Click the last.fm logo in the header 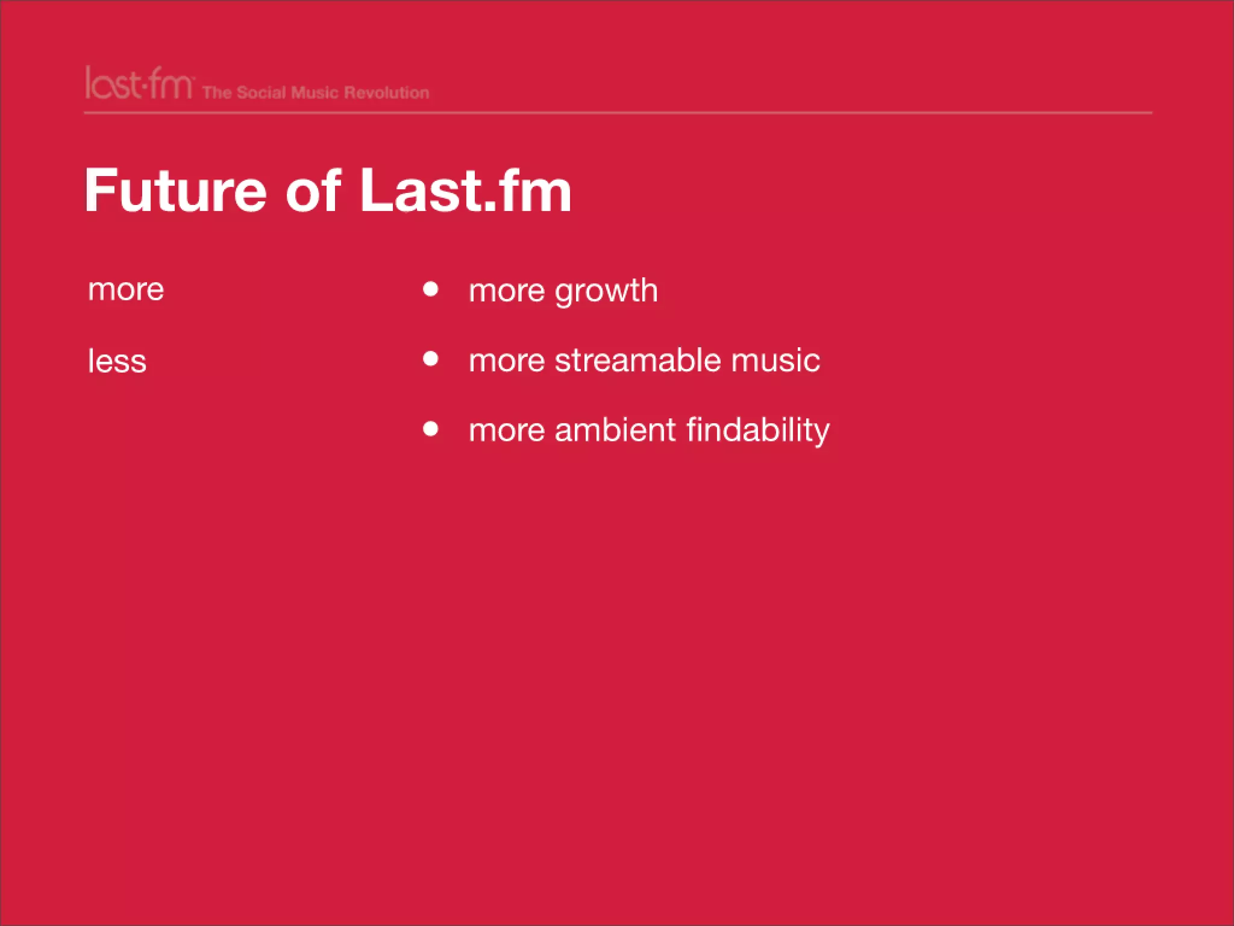139,84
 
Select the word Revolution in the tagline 386,93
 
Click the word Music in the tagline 315,93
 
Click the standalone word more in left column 126,290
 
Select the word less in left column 117,361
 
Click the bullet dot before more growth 430,289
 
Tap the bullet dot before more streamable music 430,359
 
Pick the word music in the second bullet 775,361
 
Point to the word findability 757,430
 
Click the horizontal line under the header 618,113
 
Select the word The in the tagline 217,93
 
